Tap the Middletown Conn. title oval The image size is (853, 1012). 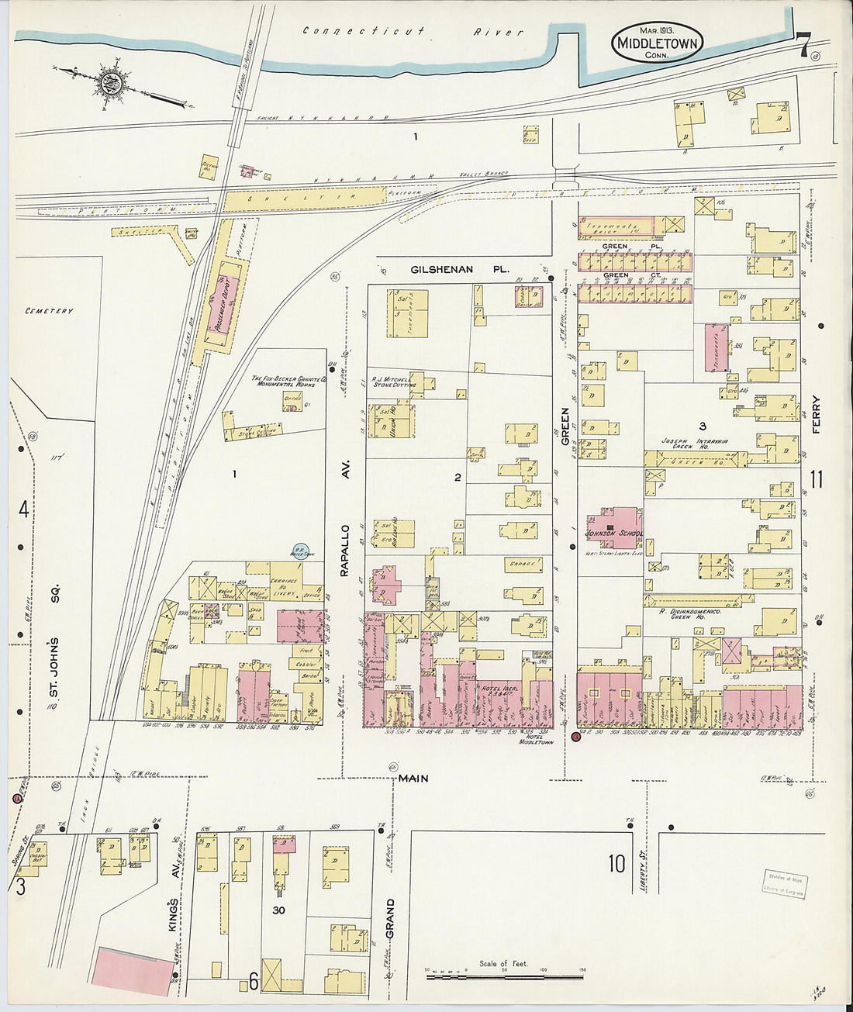658,42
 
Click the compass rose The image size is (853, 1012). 110,81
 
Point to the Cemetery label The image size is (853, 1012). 49,311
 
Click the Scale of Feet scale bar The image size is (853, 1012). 504,974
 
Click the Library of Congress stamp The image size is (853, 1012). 784,884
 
